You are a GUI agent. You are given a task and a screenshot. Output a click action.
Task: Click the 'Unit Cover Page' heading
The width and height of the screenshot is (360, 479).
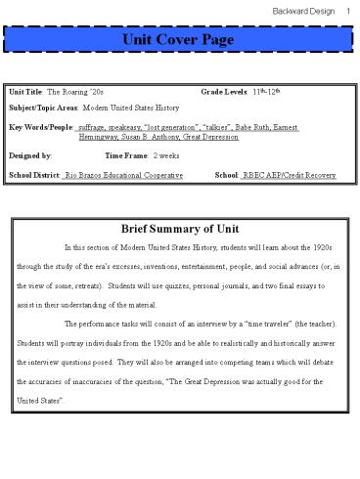[x=180, y=39]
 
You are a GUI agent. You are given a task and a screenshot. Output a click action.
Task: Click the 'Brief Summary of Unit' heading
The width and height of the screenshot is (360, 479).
[x=180, y=229]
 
